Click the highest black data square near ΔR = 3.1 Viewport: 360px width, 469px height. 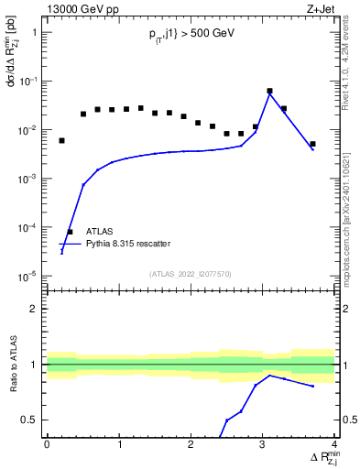pyautogui.click(x=269, y=92)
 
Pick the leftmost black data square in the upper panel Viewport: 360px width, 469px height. pyautogui.click(x=61, y=141)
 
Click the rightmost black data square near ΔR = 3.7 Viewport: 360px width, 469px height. pyautogui.click(x=312, y=144)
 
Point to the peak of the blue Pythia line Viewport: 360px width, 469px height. pyautogui.click(x=269, y=94)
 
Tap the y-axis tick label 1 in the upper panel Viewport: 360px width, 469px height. pyautogui.click(x=35, y=33)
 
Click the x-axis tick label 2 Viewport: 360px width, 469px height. pyautogui.click(x=191, y=444)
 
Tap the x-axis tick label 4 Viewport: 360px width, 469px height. pyautogui.click(x=334, y=444)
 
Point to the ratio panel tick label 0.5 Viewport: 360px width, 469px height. pyautogui.click(x=31, y=420)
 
